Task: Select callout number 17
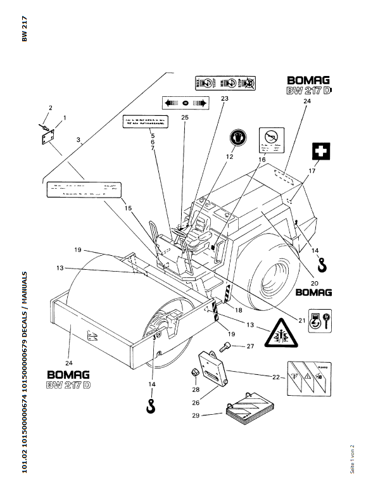pos(311,172)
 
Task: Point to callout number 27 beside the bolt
pos(250,346)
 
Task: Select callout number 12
pos(229,156)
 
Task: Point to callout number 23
pos(225,98)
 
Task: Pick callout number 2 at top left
pos(51,108)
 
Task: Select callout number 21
pos(303,320)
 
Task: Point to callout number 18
pos(239,308)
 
